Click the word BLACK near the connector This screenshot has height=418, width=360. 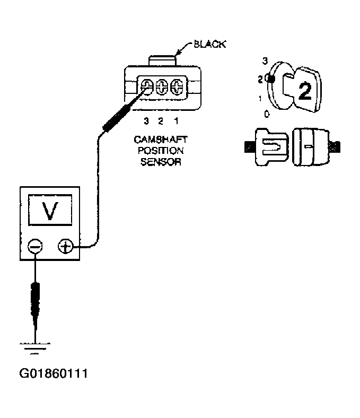210,45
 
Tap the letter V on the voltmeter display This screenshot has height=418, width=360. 50,212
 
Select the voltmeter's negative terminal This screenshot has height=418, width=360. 35,247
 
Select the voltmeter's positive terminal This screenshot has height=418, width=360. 65,247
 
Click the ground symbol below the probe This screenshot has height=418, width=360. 34,347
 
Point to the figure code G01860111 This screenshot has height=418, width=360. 53,374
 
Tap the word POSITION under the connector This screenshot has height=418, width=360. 161,151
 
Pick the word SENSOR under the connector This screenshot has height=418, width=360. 161,162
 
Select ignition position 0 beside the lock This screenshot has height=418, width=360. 267,114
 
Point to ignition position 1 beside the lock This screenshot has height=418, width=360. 260,98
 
